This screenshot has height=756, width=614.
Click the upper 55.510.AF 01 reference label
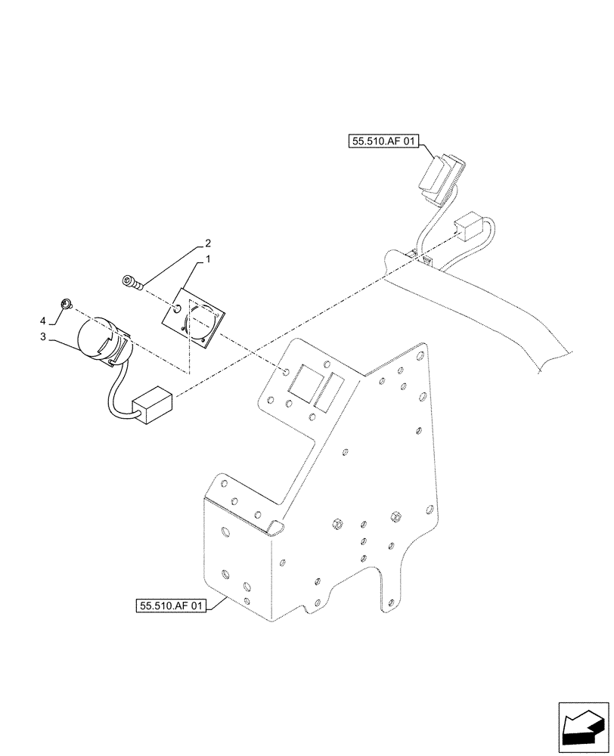click(x=384, y=141)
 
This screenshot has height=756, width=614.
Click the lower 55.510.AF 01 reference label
click(x=172, y=606)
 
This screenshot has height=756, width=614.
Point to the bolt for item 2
click(x=130, y=282)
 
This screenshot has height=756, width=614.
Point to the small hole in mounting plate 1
click(x=176, y=308)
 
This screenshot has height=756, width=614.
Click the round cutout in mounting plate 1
click(x=202, y=322)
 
